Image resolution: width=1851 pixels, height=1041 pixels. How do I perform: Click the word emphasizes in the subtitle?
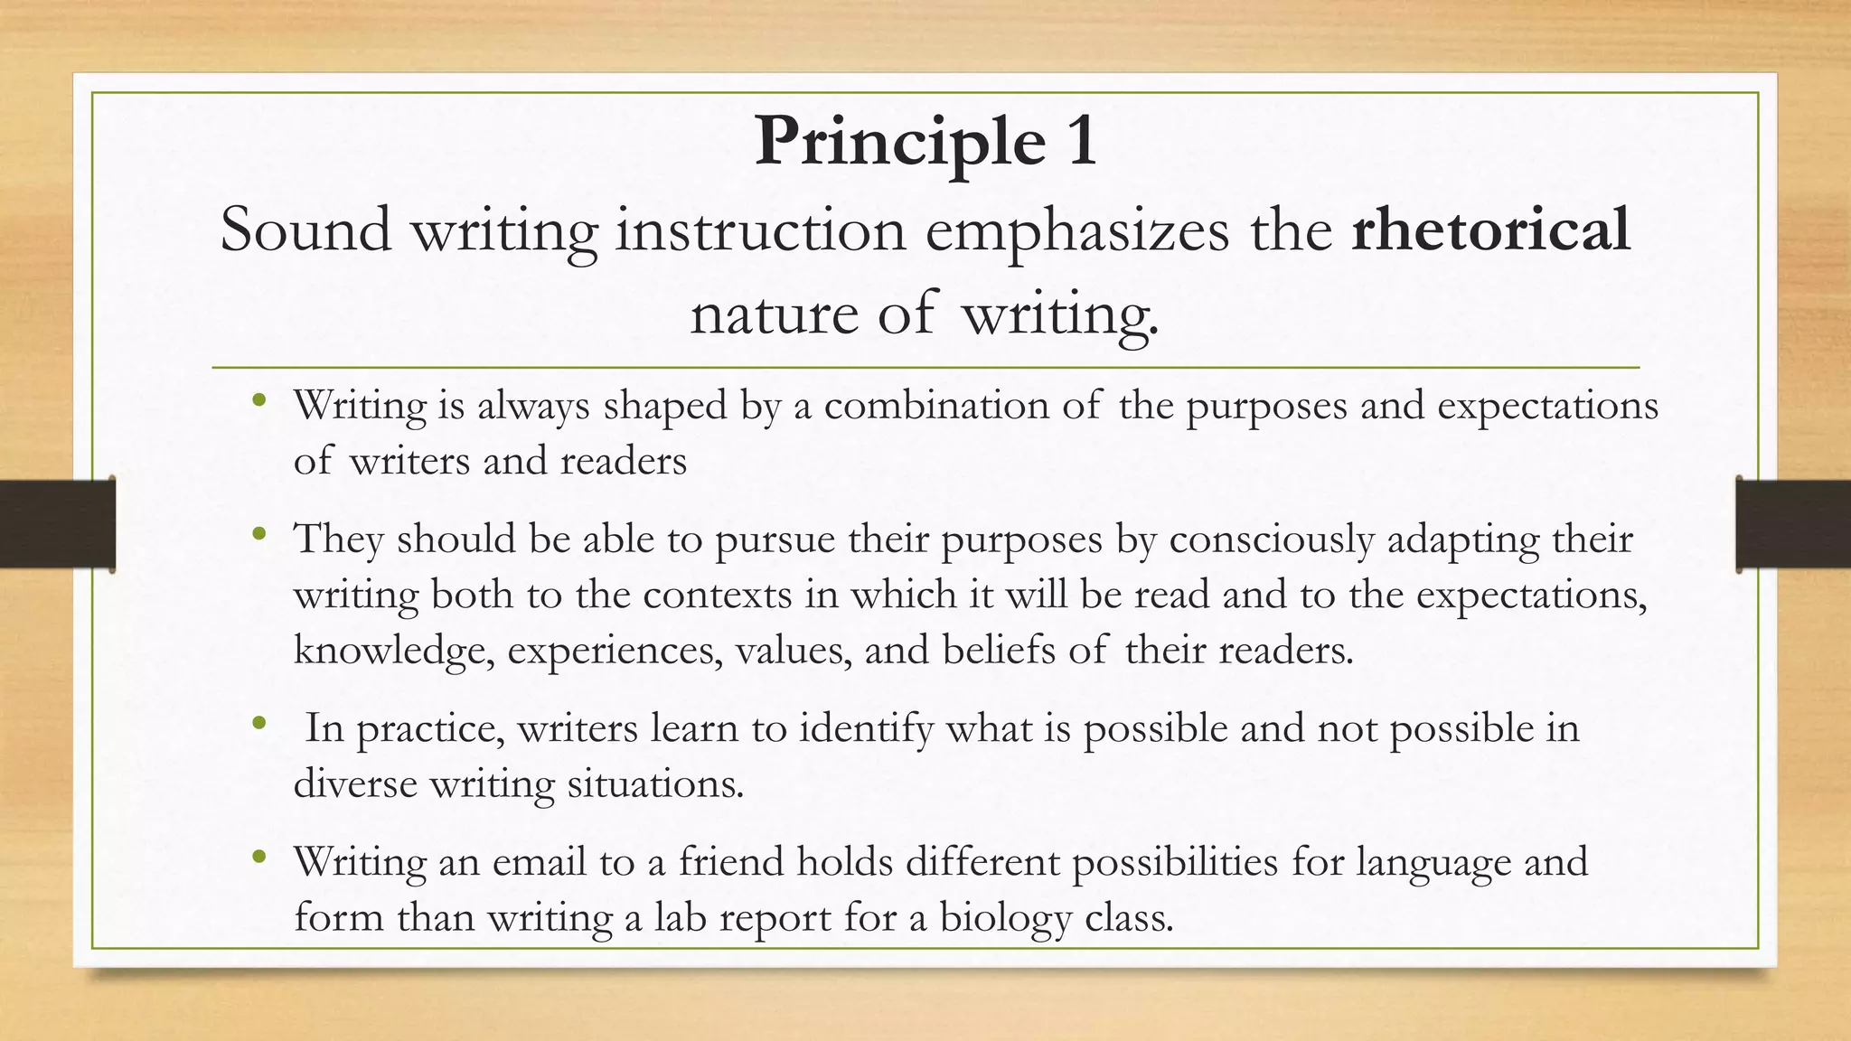pyautogui.click(x=1076, y=231)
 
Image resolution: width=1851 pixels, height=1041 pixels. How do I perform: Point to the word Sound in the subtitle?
pyautogui.click(x=305, y=230)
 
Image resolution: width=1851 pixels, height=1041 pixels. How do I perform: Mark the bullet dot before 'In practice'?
pyautogui.click(x=260, y=723)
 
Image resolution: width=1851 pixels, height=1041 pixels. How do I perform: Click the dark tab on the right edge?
pyautogui.click(x=1793, y=524)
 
